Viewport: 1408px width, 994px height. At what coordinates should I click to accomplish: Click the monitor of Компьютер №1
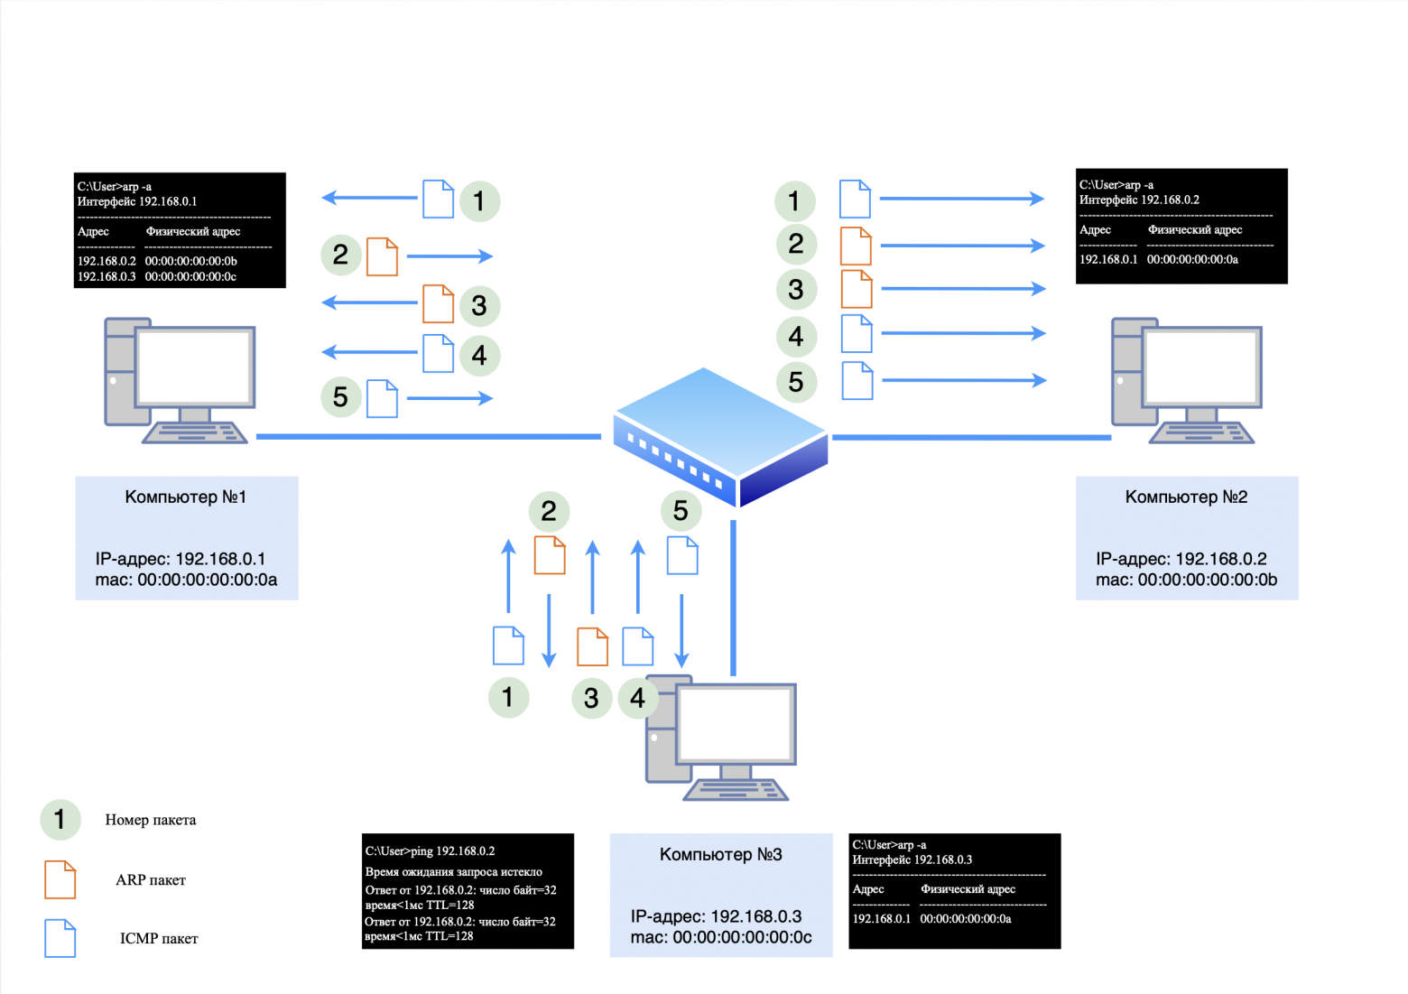pos(194,367)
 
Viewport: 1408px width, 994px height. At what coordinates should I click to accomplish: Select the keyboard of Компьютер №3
pos(736,790)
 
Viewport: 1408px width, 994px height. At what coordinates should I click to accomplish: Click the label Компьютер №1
pos(185,497)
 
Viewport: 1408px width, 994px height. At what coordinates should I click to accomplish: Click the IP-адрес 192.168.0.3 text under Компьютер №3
pos(716,916)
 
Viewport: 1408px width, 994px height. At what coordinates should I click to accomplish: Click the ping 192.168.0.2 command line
pos(430,850)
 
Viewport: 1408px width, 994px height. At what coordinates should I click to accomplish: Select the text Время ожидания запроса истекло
pos(453,871)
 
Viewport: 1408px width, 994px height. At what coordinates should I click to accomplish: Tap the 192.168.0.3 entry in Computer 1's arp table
pos(107,276)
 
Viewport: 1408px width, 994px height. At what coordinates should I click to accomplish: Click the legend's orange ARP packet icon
pos(60,879)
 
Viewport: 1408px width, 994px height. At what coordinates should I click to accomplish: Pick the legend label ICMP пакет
pos(159,939)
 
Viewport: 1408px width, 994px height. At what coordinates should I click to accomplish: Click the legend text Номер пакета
pos(150,820)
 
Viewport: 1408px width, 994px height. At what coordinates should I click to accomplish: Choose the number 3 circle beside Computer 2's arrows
pos(795,290)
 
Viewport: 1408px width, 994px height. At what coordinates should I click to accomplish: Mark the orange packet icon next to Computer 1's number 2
pos(382,256)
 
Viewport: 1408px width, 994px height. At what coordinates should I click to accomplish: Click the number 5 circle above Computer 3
pos(681,511)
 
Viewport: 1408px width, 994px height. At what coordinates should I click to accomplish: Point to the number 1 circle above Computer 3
pos(508,697)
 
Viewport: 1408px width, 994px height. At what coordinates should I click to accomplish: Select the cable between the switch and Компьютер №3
pos(733,596)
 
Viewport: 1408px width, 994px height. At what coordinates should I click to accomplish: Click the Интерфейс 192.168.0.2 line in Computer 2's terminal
pos(1139,200)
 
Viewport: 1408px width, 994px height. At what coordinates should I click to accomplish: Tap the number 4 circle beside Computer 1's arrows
pos(479,355)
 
